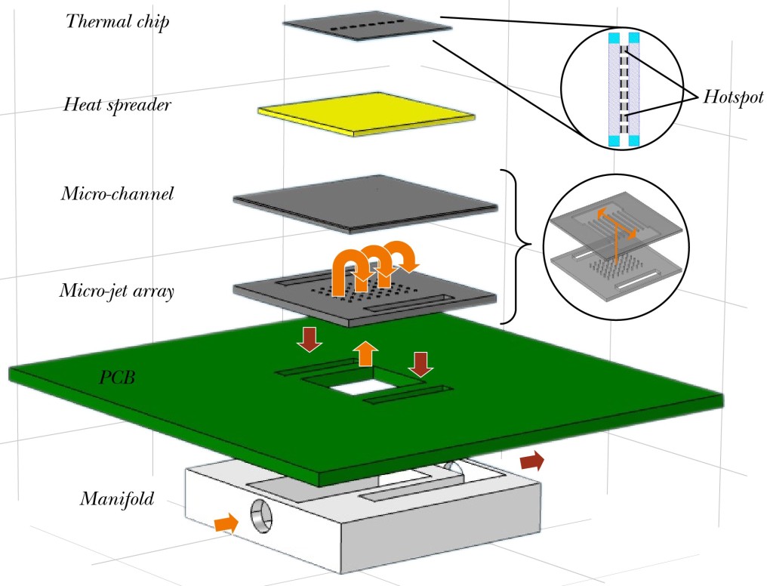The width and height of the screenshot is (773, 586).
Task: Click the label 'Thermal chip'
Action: pos(117,20)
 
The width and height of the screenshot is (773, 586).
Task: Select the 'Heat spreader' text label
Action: pos(117,104)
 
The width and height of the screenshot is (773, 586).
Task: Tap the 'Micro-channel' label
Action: pos(117,194)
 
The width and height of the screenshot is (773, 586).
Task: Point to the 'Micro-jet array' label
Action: pos(116,290)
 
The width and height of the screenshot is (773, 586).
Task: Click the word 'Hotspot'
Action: pos(733,97)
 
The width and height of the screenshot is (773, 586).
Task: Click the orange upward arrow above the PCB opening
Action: pos(365,353)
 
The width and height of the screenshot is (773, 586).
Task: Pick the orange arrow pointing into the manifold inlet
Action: pos(223,523)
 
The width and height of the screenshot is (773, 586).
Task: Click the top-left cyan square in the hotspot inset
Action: pos(614,37)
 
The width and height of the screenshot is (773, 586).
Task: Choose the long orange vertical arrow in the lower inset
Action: pos(617,242)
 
